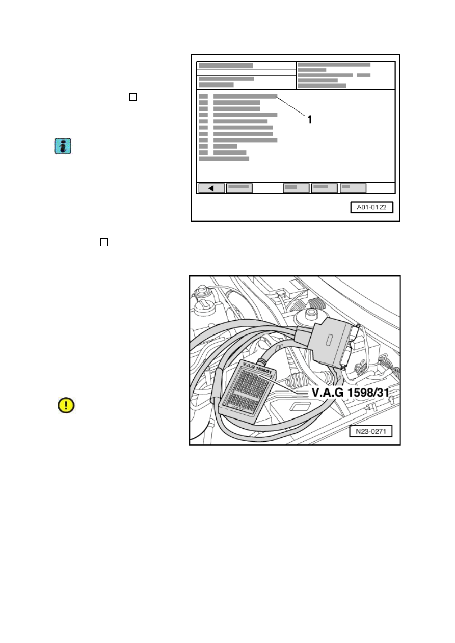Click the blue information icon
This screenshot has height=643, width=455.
click(x=63, y=146)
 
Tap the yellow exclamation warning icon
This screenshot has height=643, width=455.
click(x=66, y=405)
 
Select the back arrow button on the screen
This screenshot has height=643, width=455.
click(x=211, y=188)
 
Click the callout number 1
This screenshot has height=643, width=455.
click(x=310, y=120)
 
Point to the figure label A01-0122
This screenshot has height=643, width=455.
click(x=372, y=207)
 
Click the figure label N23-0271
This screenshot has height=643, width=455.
click(x=371, y=431)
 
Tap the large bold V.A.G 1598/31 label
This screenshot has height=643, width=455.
click(x=350, y=393)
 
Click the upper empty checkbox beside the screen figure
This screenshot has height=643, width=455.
click(x=132, y=97)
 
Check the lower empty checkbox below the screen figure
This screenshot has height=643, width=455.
click(x=104, y=242)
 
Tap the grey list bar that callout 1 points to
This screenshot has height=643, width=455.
click(x=245, y=96)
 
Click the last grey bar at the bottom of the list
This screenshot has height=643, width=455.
click(x=224, y=159)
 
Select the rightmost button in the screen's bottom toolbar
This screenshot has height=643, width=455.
click(x=353, y=188)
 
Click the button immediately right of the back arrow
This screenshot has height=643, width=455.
click(x=239, y=188)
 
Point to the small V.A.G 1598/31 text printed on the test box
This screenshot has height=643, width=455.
click(x=257, y=368)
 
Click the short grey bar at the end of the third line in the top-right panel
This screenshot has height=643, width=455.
click(x=363, y=75)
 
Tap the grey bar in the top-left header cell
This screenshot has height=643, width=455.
click(x=226, y=66)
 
